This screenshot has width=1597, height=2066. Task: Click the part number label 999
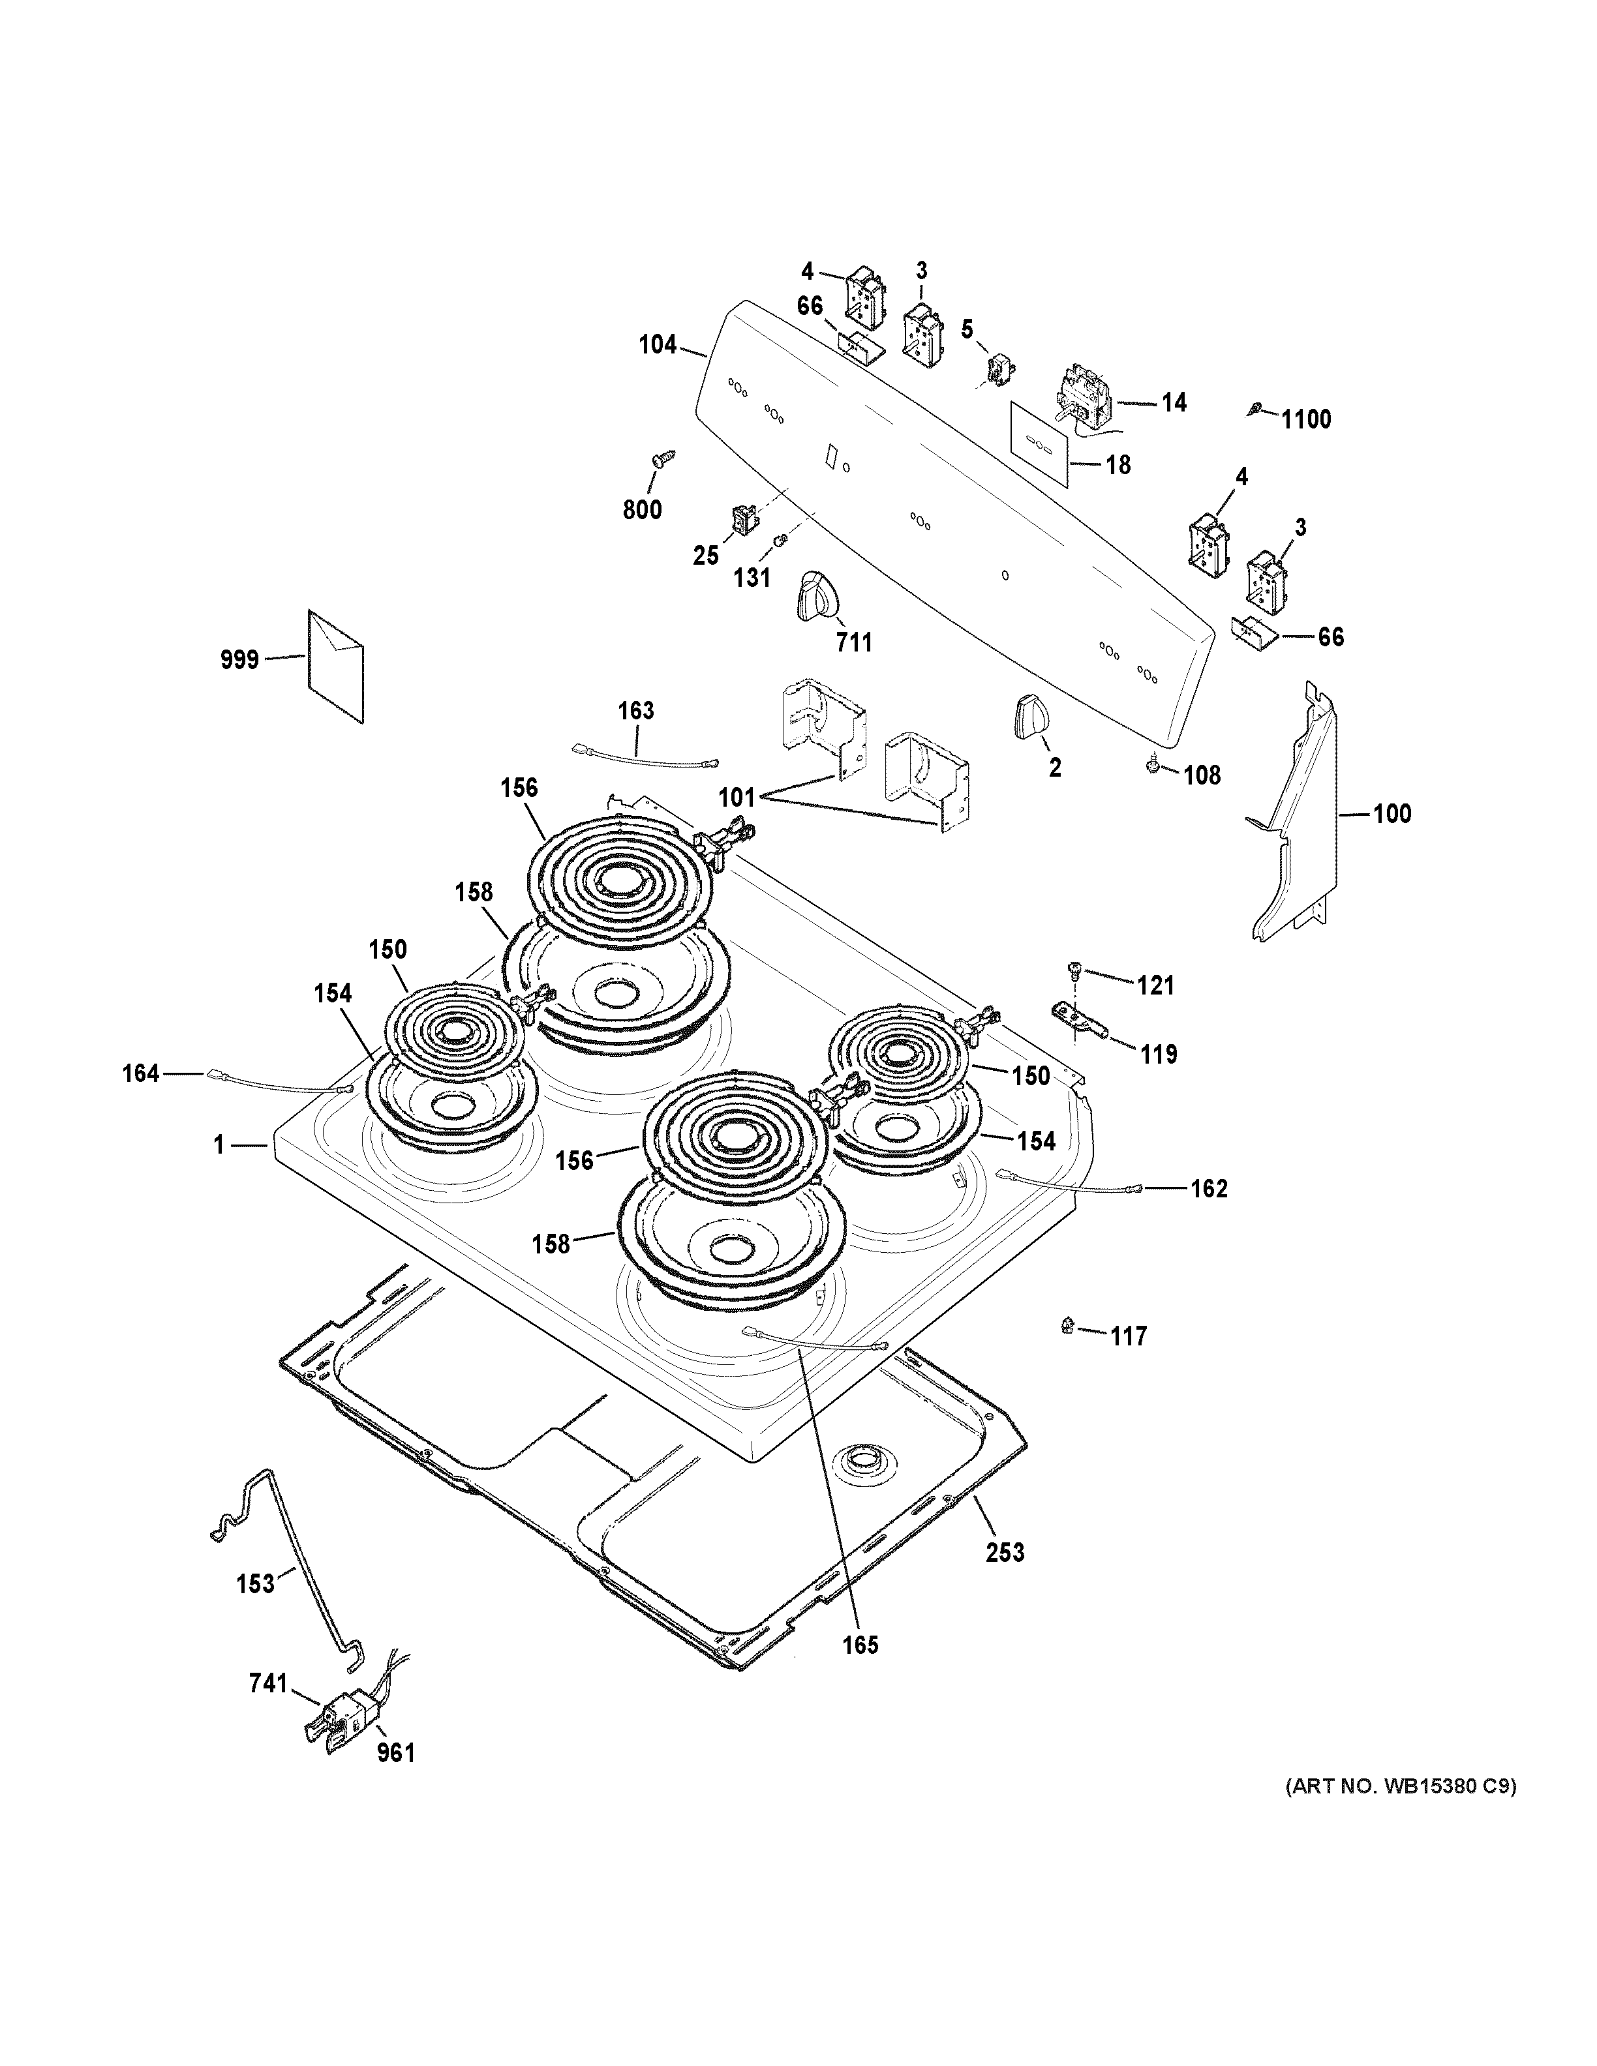[239, 659]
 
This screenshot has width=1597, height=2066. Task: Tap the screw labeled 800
[656, 460]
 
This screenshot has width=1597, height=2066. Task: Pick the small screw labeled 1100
[1255, 409]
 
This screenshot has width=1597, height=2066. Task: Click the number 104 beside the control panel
[658, 345]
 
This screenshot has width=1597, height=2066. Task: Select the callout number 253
[1004, 1579]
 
